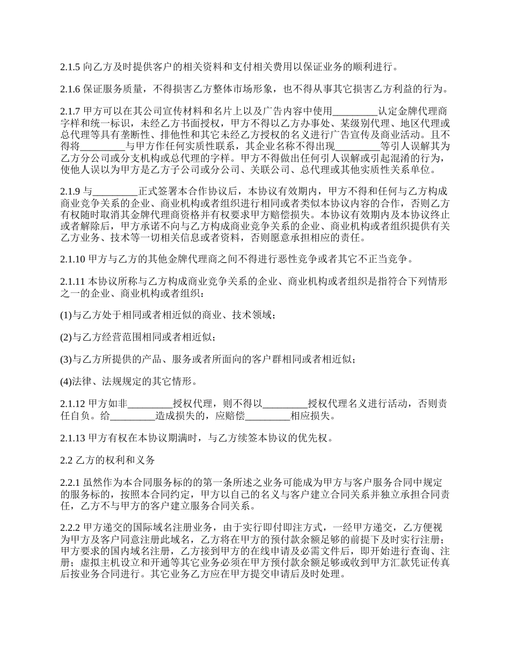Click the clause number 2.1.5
coord(70,67)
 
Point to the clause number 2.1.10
coord(72,259)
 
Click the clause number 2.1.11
coord(72,282)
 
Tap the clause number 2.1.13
coord(72,437)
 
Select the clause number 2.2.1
coord(70,483)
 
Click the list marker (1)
coord(66,315)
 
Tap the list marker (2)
coord(66,337)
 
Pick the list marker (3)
coord(66,360)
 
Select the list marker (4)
coord(66,382)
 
